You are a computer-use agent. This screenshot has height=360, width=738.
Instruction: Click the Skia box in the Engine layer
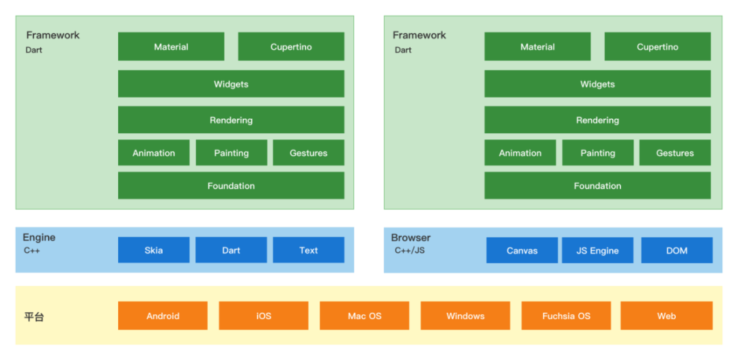click(x=154, y=250)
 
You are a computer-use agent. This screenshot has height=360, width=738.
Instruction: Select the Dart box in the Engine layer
click(x=231, y=250)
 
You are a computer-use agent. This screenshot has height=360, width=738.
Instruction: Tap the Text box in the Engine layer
click(x=308, y=250)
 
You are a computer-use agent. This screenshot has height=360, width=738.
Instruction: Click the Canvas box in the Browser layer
click(x=522, y=251)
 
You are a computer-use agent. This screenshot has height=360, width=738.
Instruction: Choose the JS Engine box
click(x=597, y=251)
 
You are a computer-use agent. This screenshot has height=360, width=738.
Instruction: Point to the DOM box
click(x=676, y=251)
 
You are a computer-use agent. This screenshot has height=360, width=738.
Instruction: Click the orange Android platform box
click(x=163, y=316)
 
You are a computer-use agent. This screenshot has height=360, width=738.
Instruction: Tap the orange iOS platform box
click(x=264, y=316)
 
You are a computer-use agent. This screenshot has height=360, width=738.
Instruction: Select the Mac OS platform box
click(x=364, y=316)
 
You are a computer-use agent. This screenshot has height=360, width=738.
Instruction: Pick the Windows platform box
click(x=465, y=316)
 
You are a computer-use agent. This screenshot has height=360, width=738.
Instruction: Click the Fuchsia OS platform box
click(x=566, y=316)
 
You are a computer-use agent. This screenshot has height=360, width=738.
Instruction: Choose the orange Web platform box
click(x=666, y=316)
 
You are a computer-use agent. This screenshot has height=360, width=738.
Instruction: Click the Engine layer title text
click(x=39, y=238)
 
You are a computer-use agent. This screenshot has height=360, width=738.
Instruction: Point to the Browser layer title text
click(x=411, y=238)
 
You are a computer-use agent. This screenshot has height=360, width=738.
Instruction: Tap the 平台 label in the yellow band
click(x=34, y=317)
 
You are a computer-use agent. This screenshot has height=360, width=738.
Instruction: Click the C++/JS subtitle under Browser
click(x=409, y=251)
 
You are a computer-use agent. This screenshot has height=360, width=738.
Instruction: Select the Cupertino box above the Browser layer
click(x=657, y=46)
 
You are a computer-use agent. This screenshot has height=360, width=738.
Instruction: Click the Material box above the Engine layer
click(x=171, y=46)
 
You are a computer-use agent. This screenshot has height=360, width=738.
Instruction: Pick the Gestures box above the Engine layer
click(x=308, y=153)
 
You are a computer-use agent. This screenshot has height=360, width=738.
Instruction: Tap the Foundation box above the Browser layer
click(x=597, y=186)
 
